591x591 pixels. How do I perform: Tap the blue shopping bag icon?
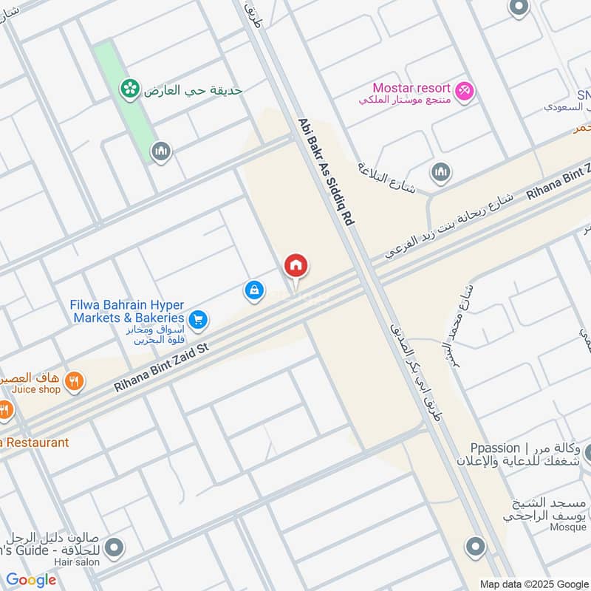[x=254, y=291]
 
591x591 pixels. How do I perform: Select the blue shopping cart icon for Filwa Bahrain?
[x=197, y=320]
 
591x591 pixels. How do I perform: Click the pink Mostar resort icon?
[x=465, y=91]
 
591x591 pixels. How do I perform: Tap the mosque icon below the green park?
[x=160, y=152]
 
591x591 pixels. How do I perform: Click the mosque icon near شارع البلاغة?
[x=441, y=172]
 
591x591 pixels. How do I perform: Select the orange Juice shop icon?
[x=74, y=381]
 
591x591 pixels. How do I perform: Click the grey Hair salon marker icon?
[x=114, y=548]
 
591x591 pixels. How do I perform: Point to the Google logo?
[x=31, y=580]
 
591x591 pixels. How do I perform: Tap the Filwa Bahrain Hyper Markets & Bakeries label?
[x=127, y=311]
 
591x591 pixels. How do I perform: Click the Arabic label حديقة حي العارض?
[x=193, y=90]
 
